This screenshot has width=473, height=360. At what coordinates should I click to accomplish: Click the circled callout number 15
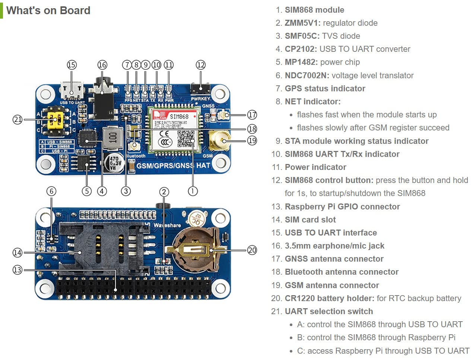[72, 65]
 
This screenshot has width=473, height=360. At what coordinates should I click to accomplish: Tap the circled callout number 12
[200, 65]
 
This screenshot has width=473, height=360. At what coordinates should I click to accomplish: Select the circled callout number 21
[18, 120]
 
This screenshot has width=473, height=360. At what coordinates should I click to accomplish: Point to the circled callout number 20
[252, 250]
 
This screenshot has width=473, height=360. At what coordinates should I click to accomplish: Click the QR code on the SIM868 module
[185, 139]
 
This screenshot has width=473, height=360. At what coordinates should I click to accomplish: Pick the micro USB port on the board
[72, 91]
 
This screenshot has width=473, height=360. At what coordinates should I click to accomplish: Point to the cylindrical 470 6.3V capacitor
[115, 163]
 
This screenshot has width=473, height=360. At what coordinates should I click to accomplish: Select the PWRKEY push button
[200, 89]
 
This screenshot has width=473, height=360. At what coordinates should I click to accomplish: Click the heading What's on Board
[48, 10]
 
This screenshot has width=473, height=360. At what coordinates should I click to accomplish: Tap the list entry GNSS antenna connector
[334, 259]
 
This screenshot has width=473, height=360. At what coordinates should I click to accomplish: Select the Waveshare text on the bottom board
[167, 225]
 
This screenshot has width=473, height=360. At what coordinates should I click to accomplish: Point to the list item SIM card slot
[310, 220]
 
